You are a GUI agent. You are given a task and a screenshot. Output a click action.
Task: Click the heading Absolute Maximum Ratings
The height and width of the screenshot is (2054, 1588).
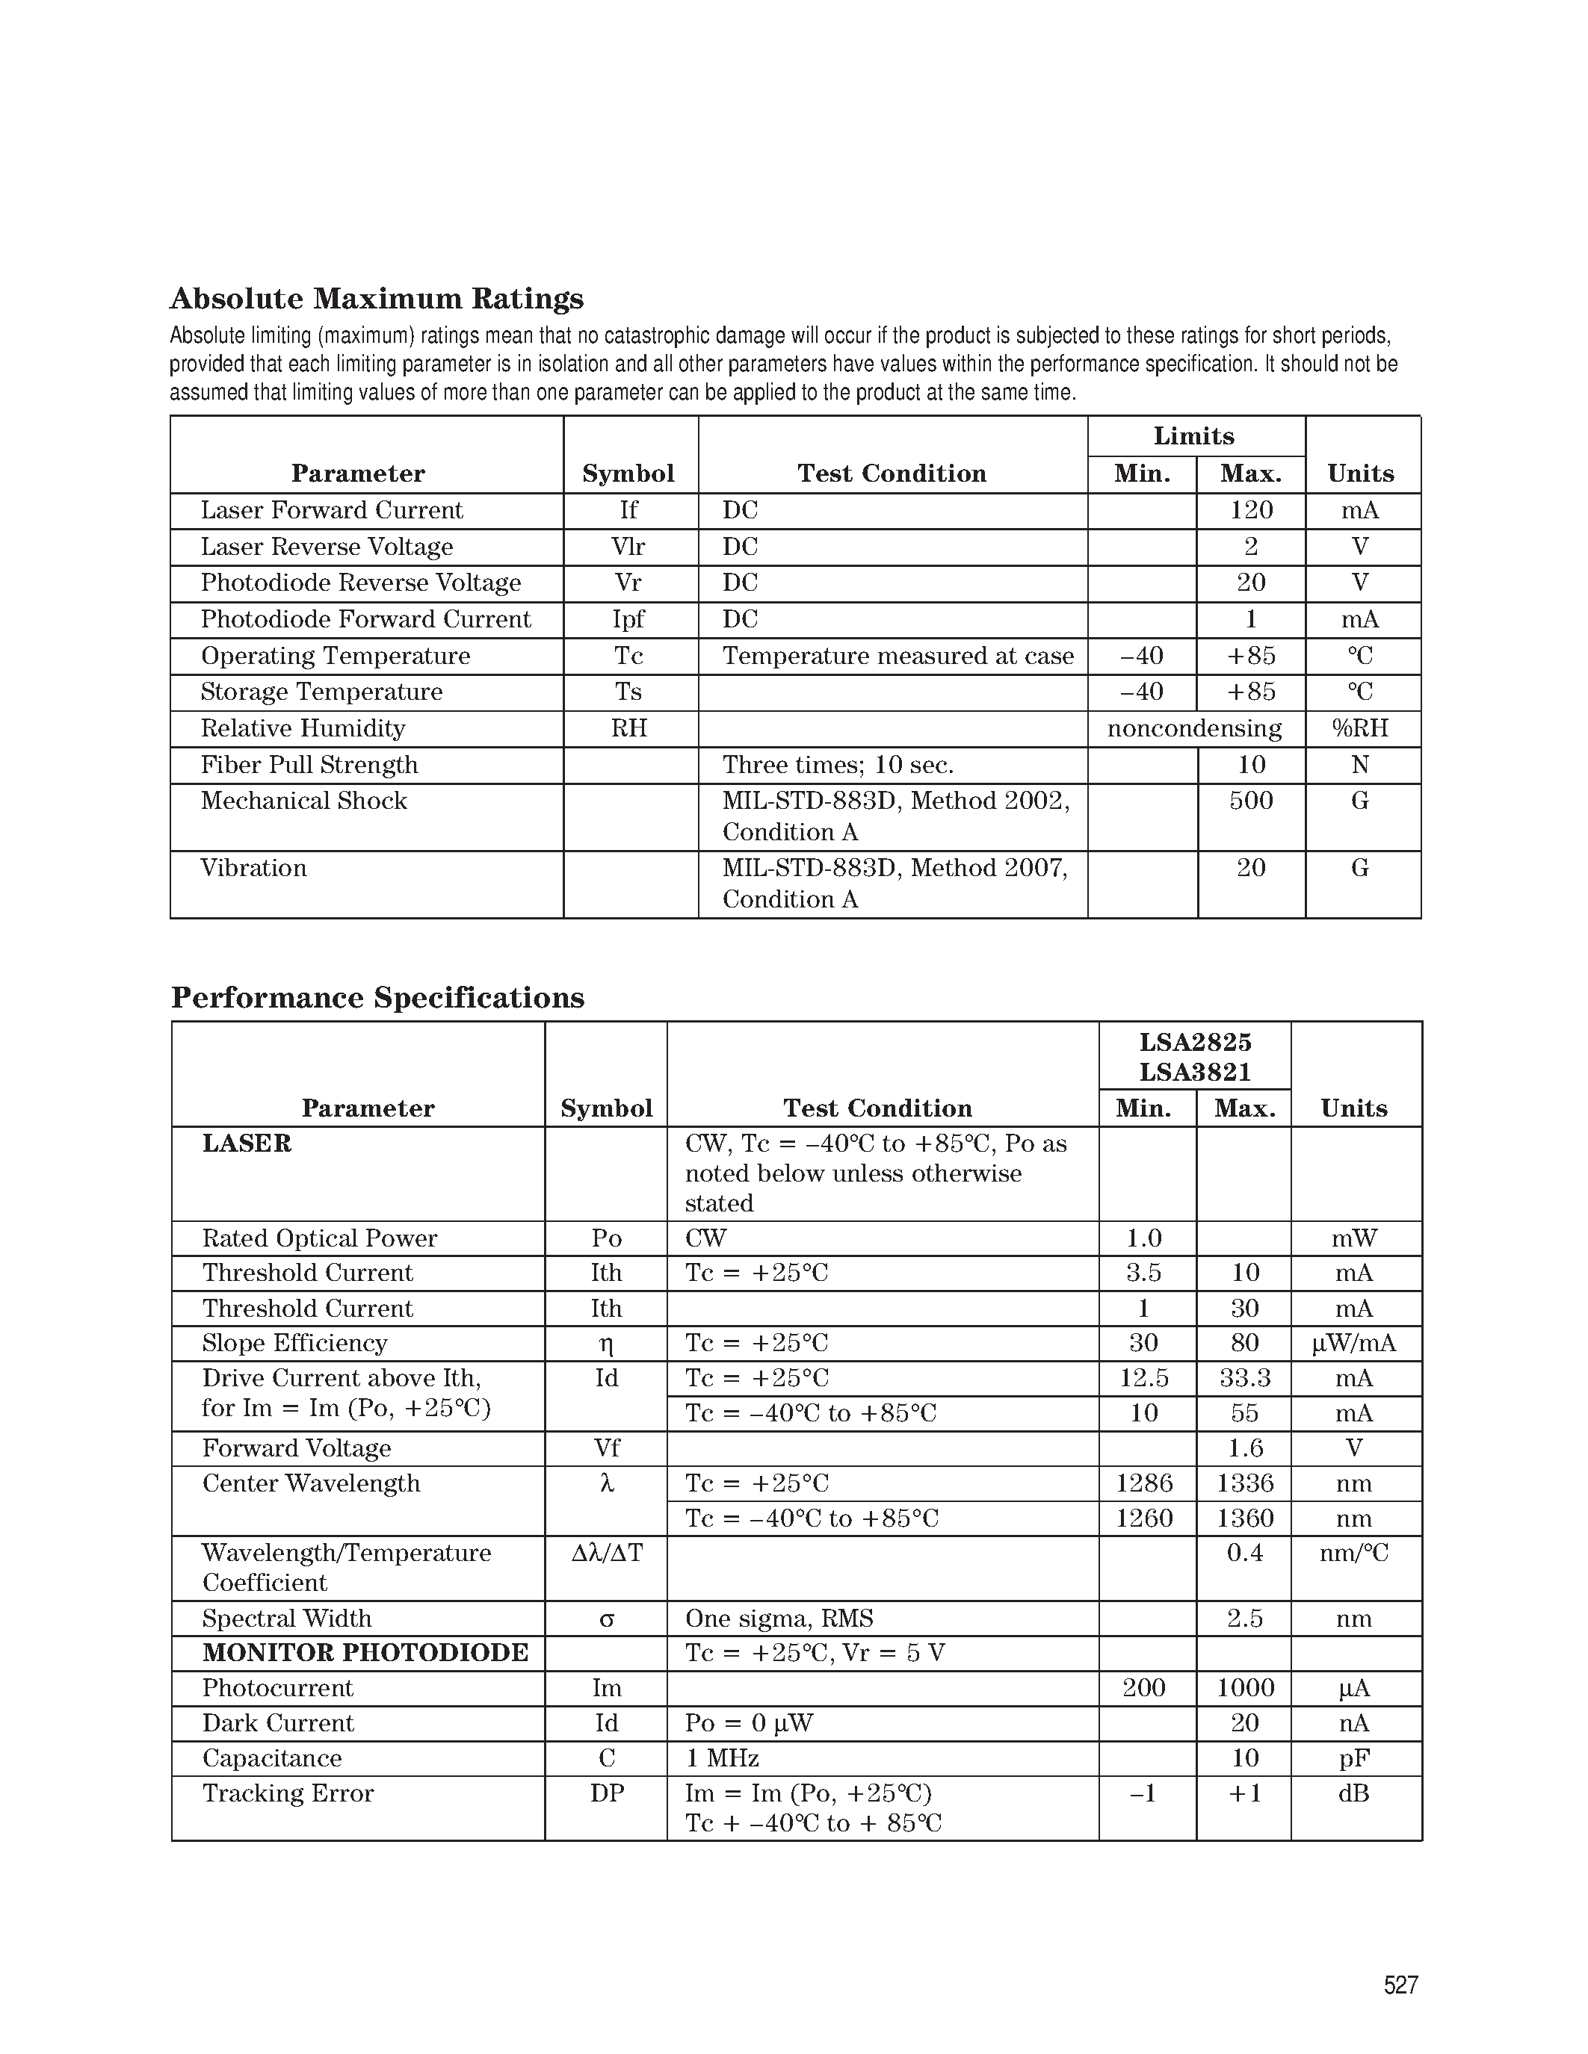(x=377, y=299)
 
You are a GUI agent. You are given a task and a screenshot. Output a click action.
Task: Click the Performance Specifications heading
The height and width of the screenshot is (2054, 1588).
(x=377, y=998)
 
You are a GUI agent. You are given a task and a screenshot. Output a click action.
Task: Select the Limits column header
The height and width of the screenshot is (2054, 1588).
(x=1194, y=436)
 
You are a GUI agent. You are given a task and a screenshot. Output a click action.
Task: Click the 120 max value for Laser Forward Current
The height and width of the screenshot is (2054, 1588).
(x=1250, y=511)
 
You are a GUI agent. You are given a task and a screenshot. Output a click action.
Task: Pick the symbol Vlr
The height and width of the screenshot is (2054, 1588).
(x=628, y=547)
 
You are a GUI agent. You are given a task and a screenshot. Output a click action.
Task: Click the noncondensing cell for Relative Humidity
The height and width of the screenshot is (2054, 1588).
(x=1194, y=729)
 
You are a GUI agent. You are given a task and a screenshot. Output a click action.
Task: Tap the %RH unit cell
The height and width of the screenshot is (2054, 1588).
(x=1360, y=729)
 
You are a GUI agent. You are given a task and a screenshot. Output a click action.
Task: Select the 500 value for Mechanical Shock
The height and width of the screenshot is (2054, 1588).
(x=1250, y=801)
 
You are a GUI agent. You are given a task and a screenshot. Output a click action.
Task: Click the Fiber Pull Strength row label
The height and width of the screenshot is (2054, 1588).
(x=309, y=766)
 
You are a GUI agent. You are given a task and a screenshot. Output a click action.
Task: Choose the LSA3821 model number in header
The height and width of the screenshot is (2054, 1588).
(x=1195, y=1072)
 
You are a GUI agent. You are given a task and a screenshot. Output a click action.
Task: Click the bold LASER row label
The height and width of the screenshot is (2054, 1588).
(x=247, y=1144)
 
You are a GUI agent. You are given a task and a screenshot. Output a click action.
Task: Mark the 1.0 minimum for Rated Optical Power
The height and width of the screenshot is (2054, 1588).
(x=1144, y=1238)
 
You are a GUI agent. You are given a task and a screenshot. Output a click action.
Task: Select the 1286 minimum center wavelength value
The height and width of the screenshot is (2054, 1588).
(x=1144, y=1484)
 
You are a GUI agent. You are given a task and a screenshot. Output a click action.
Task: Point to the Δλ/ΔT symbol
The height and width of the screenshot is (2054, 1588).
(x=607, y=1553)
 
